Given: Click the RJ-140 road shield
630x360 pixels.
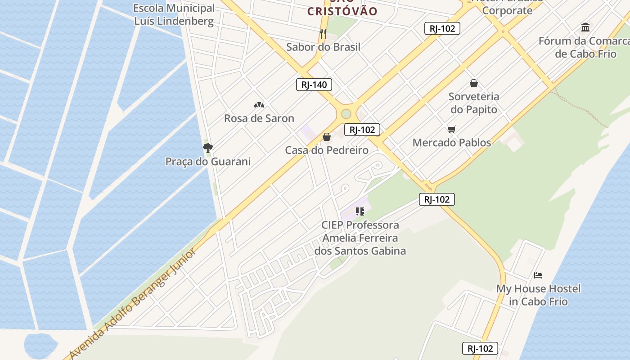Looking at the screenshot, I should (x=314, y=85).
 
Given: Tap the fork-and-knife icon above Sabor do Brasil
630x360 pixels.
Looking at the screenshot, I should (x=323, y=33).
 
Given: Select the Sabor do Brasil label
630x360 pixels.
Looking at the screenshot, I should (x=323, y=47).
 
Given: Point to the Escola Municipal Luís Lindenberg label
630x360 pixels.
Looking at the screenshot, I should (x=174, y=14).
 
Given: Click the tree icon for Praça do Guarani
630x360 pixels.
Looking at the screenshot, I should (x=207, y=148).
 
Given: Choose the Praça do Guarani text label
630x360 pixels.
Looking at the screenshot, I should (x=208, y=162).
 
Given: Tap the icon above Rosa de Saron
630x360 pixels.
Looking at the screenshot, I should (x=259, y=105).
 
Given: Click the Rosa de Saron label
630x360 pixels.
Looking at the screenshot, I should (x=259, y=118).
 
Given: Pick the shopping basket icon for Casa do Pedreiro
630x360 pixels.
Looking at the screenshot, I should (x=327, y=136).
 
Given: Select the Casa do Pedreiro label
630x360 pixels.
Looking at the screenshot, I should (x=327, y=150).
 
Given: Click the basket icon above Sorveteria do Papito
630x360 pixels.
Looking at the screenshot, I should (x=474, y=83).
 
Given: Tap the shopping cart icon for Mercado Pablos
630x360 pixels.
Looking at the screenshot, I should (x=452, y=129).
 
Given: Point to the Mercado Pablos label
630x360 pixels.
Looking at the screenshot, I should (x=452, y=143).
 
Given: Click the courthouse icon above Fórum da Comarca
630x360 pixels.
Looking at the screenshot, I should (x=585, y=27).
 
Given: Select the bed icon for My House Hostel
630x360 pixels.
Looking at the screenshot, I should (x=538, y=275).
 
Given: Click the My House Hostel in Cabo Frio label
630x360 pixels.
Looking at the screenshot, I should (x=538, y=295).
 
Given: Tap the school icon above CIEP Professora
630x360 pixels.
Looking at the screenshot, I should (x=360, y=211).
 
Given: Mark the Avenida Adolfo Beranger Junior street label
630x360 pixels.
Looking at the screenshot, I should (x=133, y=304).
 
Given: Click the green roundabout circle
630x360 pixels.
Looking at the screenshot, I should (x=346, y=114).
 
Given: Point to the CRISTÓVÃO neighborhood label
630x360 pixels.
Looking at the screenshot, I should (x=342, y=11).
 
